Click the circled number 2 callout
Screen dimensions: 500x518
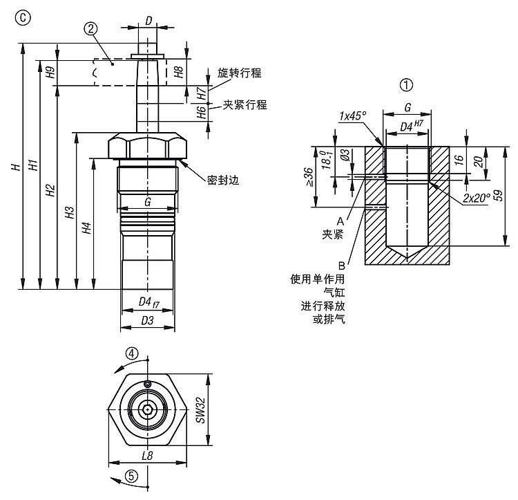90,28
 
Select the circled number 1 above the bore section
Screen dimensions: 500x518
406,85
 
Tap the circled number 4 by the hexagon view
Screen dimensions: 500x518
132,354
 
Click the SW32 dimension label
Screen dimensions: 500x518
200,410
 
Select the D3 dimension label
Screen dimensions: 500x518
147,320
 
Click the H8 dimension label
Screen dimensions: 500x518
178,72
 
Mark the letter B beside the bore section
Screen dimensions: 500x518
341,265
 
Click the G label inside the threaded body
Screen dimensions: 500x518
147,203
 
